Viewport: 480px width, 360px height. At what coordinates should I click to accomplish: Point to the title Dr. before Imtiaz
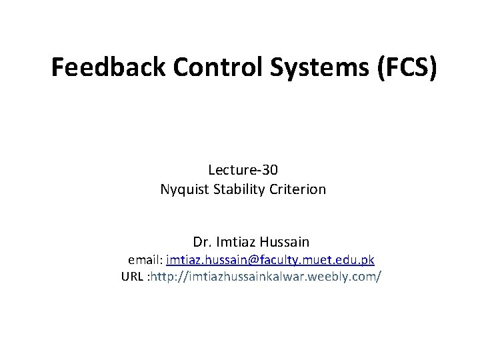click(x=201, y=241)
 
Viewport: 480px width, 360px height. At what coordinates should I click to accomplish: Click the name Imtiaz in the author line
click(x=233, y=241)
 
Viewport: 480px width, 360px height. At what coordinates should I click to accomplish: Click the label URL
click(x=133, y=277)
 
